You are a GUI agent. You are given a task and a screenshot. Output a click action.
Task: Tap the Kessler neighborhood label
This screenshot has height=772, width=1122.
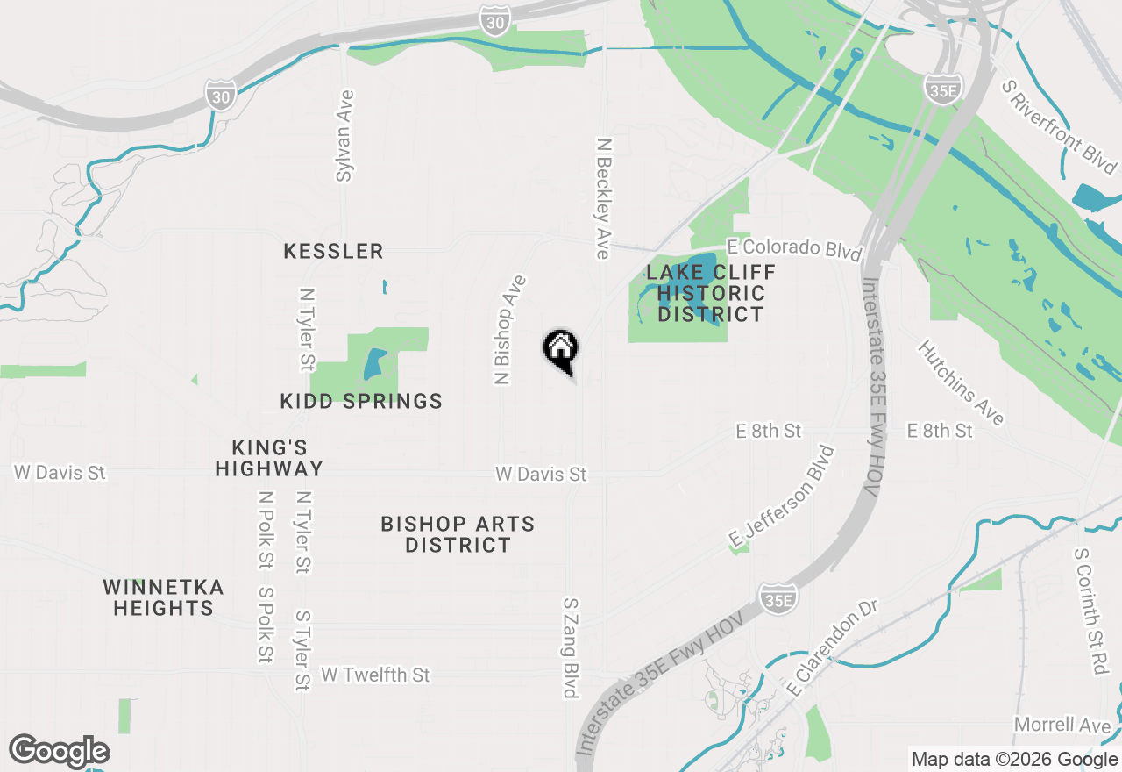click(333, 252)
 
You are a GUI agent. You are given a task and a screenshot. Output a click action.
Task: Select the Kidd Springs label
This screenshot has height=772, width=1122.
click(361, 402)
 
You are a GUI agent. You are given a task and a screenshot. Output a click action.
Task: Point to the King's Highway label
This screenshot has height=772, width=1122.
click(269, 458)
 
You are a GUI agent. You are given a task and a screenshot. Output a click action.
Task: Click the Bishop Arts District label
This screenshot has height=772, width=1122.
click(458, 534)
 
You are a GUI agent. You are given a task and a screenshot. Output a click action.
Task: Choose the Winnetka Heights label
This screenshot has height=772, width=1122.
click(163, 597)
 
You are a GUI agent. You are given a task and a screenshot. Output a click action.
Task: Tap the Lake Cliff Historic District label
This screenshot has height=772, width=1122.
click(711, 293)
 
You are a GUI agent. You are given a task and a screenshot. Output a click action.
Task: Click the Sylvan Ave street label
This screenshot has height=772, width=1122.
click(344, 136)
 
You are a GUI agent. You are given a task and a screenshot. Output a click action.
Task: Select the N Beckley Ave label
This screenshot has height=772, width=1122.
click(603, 197)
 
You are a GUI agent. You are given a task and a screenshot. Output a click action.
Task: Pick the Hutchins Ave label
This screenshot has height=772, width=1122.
click(961, 382)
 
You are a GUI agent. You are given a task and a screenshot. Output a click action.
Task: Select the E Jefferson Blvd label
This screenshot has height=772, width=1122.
click(781, 496)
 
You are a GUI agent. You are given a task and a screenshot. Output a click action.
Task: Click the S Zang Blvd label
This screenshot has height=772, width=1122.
click(571, 648)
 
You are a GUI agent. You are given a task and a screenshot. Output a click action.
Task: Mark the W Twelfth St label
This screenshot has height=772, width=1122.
click(375, 675)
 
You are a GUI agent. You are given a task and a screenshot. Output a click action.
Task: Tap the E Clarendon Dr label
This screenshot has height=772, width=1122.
click(833, 650)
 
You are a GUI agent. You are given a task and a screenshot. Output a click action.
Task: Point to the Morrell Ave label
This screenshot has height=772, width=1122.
click(1062, 725)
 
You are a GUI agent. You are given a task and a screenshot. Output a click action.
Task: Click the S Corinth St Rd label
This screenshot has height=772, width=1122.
click(1090, 612)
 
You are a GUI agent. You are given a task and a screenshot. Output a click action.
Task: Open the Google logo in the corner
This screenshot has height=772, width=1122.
click(59, 752)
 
